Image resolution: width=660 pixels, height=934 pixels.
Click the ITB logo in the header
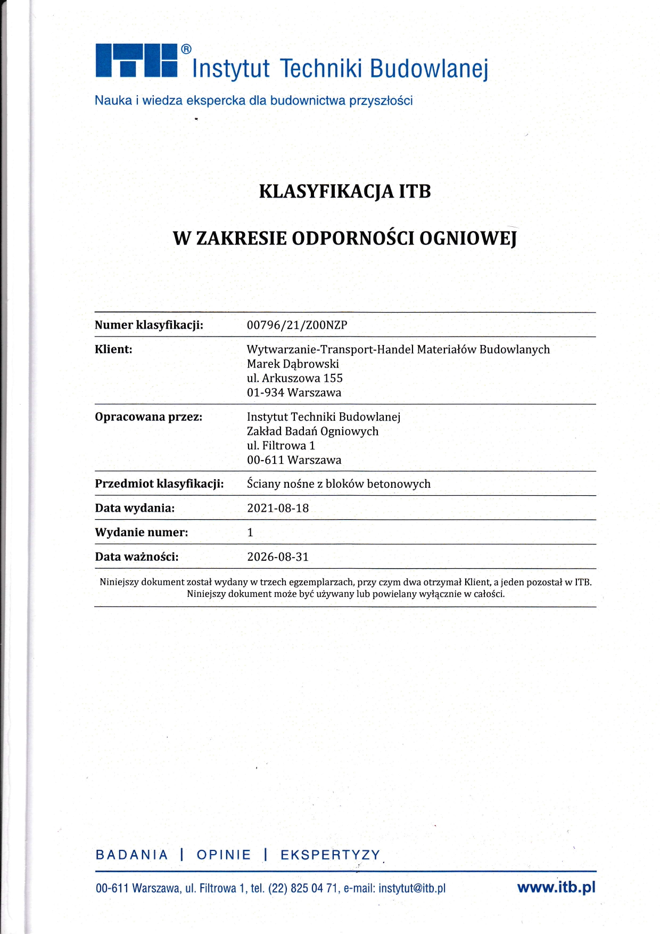click(136, 61)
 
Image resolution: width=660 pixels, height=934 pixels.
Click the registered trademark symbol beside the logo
click(186, 50)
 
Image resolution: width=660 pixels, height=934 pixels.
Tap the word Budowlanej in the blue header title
click(428, 69)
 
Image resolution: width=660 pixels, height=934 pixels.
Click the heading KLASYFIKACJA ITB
click(344, 191)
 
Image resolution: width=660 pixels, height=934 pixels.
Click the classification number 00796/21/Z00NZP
click(297, 325)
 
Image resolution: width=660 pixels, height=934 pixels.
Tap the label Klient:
click(113, 350)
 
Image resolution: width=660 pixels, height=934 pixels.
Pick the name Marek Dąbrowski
click(293, 364)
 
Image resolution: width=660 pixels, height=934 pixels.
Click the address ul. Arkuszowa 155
click(294, 379)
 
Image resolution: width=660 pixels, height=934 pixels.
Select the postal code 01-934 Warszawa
click(294, 393)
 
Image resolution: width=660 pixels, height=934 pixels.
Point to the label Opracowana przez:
click(148, 417)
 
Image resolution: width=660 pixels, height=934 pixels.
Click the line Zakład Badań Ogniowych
click(312, 431)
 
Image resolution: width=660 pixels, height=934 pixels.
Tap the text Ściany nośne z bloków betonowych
click(339, 484)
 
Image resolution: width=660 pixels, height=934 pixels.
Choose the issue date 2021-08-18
click(278, 509)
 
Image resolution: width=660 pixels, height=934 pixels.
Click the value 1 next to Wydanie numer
click(250, 532)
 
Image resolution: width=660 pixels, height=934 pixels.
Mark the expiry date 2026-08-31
click(278, 557)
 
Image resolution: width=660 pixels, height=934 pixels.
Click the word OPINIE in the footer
click(224, 855)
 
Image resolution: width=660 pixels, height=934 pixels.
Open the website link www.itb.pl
click(556, 887)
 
